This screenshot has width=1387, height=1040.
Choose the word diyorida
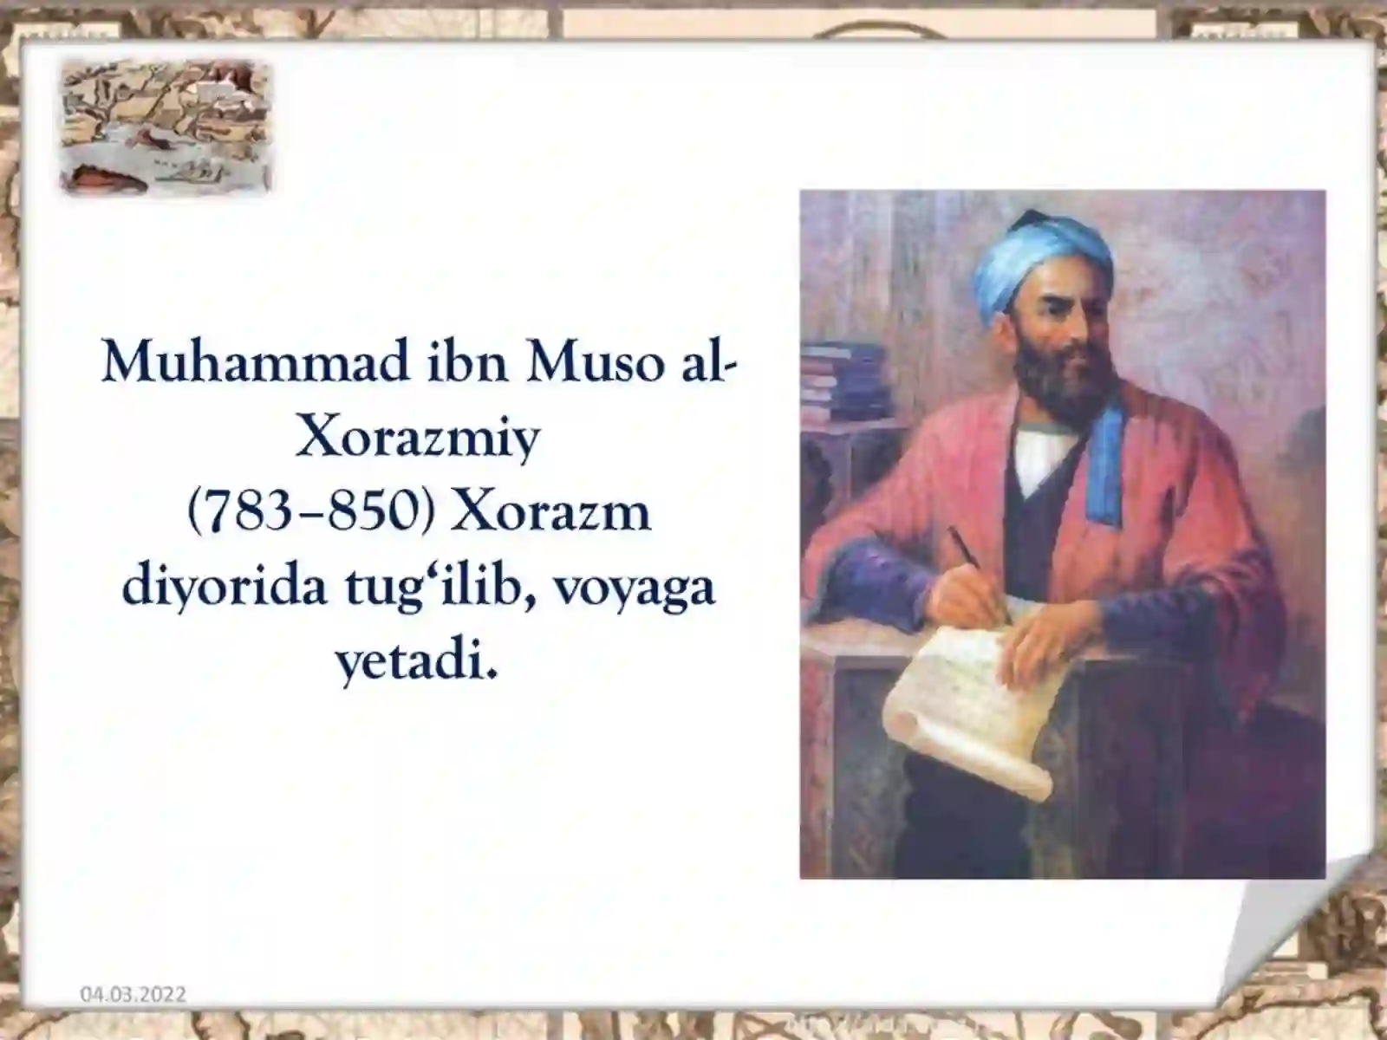pyautogui.click(x=225, y=588)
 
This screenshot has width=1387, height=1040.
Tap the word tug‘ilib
pyautogui.click(x=440, y=588)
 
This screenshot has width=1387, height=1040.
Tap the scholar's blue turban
pyautogui.click(x=1041, y=265)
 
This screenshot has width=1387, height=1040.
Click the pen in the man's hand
pyautogui.click(x=978, y=571)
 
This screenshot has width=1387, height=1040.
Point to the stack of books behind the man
pyautogui.click(x=843, y=382)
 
